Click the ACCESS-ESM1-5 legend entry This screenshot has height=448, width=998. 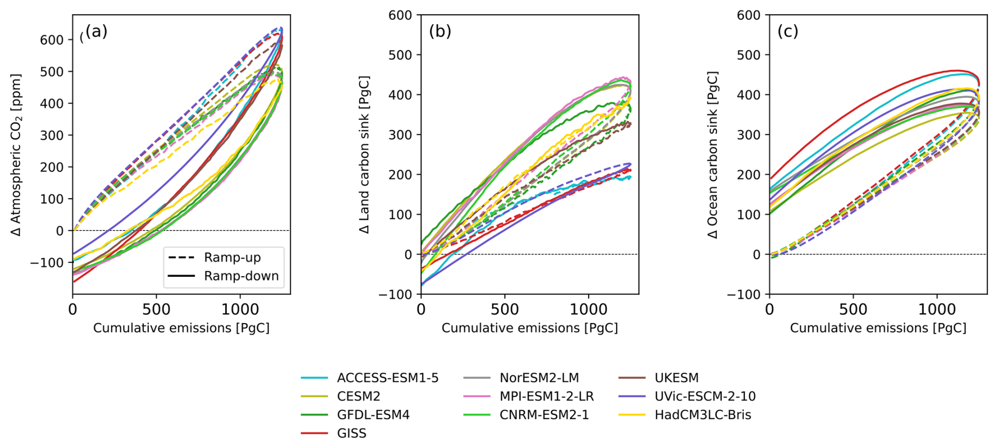click(387, 378)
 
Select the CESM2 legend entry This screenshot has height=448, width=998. click(358, 396)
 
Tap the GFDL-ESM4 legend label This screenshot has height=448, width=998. click(373, 415)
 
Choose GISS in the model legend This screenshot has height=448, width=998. click(351, 433)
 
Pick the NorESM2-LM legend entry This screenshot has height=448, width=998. click(539, 378)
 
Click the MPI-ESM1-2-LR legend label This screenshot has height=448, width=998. click(546, 396)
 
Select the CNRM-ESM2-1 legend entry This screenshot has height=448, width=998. click(543, 415)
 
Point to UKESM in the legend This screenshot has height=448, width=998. click(676, 378)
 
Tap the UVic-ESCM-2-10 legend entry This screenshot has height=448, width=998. click(705, 396)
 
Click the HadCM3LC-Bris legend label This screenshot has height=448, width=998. click(703, 415)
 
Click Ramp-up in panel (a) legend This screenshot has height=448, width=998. click(232, 258)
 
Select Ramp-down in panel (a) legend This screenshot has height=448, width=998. click(241, 276)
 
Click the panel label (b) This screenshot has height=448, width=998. click(440, 32)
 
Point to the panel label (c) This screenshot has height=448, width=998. click(788, 32)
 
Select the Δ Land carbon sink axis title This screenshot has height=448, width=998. click(364, 154)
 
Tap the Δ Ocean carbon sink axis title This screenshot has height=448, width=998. click(713, 154)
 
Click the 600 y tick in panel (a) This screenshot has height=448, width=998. click(52, 40)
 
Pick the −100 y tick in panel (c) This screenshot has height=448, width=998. click(744, 295)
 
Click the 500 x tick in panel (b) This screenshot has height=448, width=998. click(504, 309)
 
